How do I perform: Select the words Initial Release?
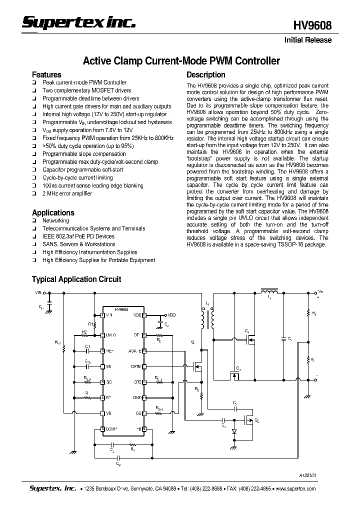(x=308, y=40)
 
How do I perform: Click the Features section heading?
(x=46, y=74)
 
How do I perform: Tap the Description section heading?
(x=206, y=74)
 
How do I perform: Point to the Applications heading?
(x=53, y=212)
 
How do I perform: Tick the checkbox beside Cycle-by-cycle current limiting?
(x=34, y=178)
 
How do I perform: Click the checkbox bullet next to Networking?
(x=34, y=221)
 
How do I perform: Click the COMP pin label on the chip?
(x=111, y=429)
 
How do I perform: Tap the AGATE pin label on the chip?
(x=135, y=351)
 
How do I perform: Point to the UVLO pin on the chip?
(x=111, y=335)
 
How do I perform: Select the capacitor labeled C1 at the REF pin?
(x=88, y=350)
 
